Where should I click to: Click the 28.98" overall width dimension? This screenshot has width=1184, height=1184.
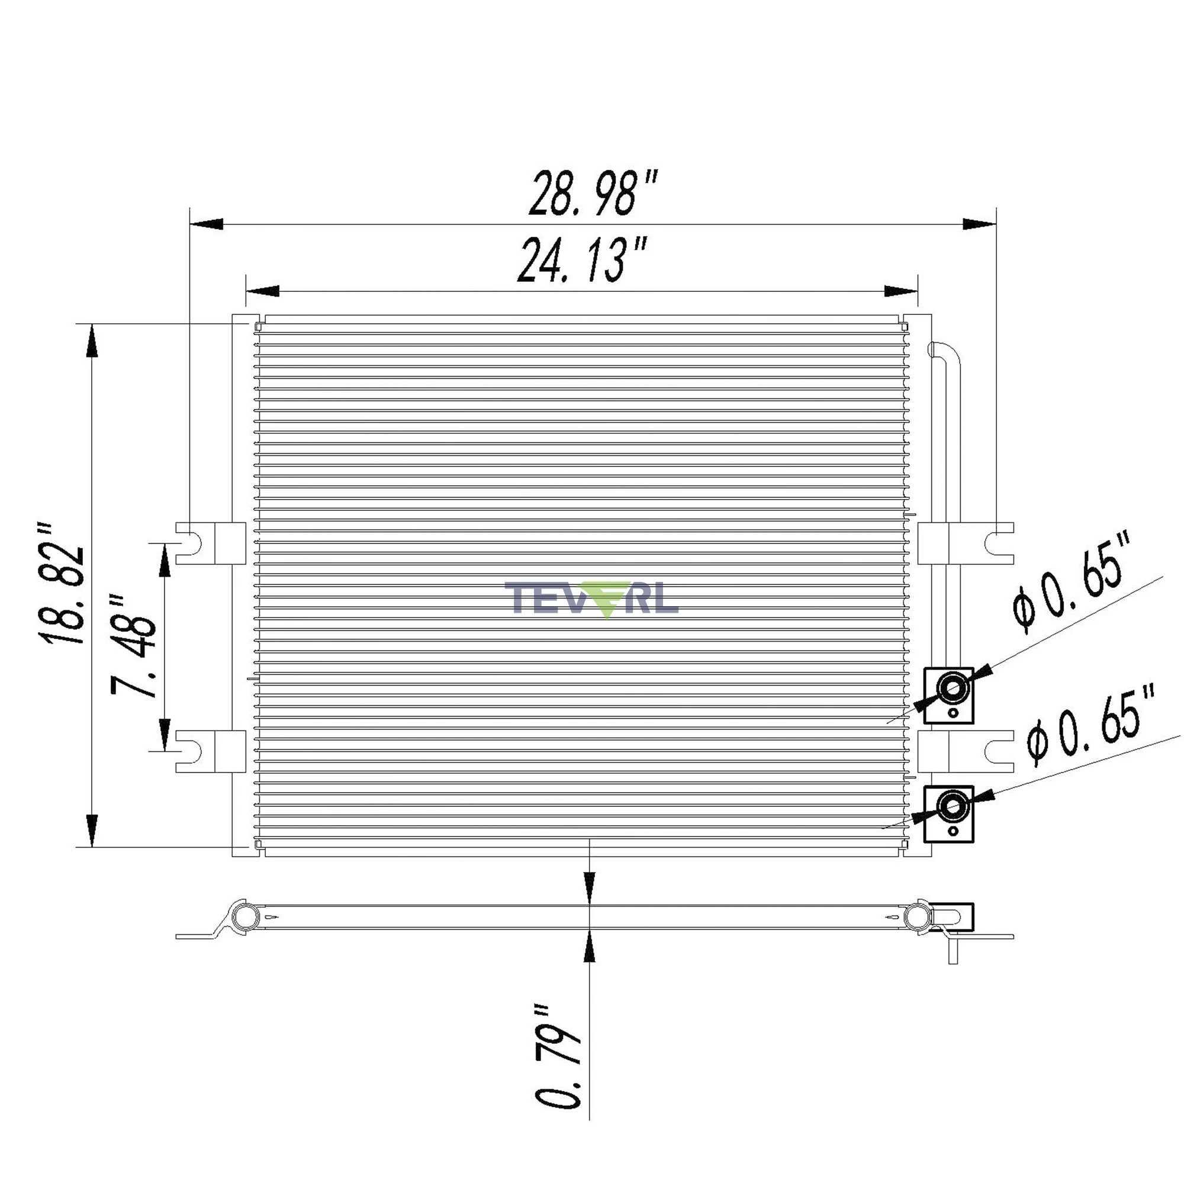coord(593,194)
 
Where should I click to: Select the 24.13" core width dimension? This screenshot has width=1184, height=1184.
coord(582,260)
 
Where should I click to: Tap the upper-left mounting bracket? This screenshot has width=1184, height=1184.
coord(211,543)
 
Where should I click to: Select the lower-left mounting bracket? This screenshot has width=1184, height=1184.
coord(211,751)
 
